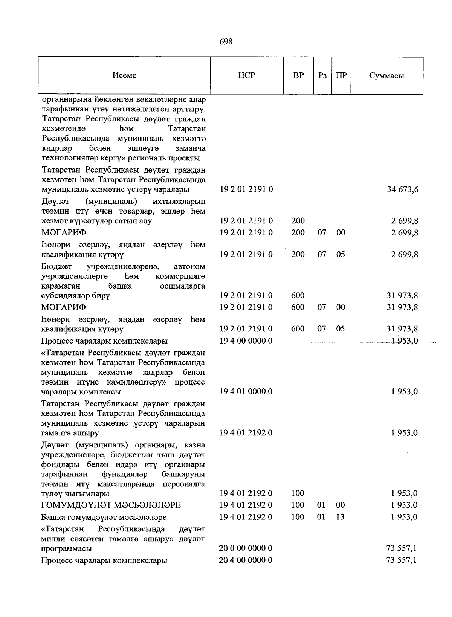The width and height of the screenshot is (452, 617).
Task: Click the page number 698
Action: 226,42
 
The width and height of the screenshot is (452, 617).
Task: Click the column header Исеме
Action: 124,75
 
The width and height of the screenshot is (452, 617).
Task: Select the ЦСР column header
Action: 246,75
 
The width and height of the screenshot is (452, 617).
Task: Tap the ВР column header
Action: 298,75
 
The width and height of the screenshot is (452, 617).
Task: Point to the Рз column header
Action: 322,75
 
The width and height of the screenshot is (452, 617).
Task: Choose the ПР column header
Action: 341,75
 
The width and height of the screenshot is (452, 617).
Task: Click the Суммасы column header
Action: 386,76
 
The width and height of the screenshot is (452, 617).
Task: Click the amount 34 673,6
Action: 402,189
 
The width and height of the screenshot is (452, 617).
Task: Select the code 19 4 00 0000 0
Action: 246,341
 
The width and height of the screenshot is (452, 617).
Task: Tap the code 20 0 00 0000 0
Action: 246,548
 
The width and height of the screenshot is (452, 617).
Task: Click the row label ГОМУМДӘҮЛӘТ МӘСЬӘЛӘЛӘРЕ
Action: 111,505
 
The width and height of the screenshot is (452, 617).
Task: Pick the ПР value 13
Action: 340,517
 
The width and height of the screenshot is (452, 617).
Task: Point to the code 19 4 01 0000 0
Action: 246,392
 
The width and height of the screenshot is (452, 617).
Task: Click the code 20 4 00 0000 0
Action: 246,560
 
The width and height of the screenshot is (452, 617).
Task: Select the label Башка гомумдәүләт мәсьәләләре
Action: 104,517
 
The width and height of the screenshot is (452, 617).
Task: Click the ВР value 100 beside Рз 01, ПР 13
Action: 298,517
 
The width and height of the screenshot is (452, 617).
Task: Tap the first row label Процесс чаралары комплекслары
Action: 104,341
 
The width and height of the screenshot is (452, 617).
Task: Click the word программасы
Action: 67,549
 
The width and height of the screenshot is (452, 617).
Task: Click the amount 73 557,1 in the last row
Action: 402,560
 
